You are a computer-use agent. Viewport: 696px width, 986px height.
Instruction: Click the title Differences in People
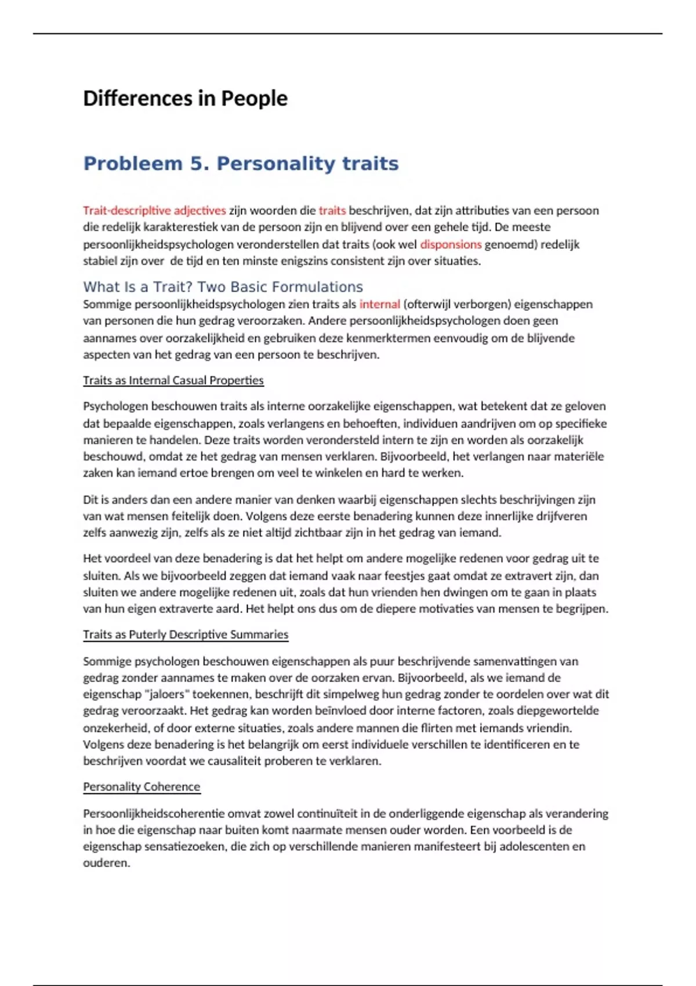(x=185, y=99)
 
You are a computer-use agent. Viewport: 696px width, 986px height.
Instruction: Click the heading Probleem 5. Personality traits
(x=241, y=164)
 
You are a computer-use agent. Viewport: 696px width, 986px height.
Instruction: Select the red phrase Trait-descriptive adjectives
(x=154, y=211)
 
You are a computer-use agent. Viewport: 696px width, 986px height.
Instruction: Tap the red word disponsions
(x=451, y=244)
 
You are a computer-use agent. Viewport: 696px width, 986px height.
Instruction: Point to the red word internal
(x=379, y=304)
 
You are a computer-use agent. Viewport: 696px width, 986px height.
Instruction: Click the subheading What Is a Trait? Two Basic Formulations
(x=223, y=287)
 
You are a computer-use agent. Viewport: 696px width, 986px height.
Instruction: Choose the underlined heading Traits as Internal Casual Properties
(x=173, y=380)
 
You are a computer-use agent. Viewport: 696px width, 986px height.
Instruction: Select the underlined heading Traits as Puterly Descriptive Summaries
(x=186, y=635)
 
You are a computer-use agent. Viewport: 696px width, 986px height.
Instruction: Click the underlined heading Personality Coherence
(x=142, y=786)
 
